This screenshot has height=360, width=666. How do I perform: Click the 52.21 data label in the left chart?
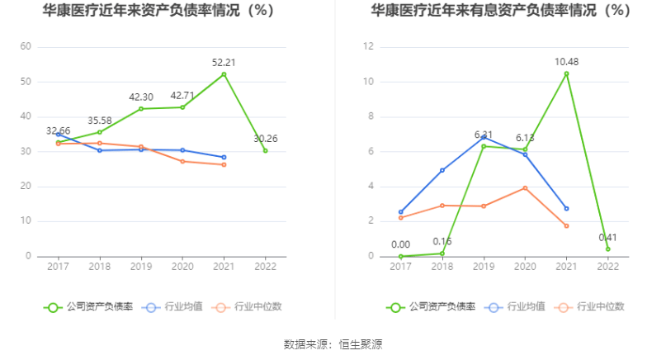(x=224, y=62)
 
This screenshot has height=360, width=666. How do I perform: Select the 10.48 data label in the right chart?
(x=566, y=62)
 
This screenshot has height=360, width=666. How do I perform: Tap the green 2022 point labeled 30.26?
(x=265, y=150)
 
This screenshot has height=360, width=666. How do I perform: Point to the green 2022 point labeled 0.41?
(x=607, y=249)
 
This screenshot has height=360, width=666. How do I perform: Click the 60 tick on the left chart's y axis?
(x=26, y=47)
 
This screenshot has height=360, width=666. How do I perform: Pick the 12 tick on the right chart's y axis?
(x=369, y=47)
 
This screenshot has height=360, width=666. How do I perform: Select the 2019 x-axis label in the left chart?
(x=140, y=267)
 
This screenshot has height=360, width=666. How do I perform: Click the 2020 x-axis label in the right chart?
(x=525, y=267)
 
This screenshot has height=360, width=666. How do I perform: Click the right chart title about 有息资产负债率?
(x=501, y=12)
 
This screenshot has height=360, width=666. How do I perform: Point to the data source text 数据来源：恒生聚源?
(x=333, y=343)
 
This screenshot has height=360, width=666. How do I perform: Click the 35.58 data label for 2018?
(x=99, y=119)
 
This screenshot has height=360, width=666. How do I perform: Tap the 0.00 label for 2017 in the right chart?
(x=400, y=244)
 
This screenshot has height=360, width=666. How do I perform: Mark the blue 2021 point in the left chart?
(x=224, y=157)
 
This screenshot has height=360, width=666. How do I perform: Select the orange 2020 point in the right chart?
(x=525, y=188)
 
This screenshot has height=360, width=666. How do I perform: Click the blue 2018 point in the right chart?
(x=442, y=170)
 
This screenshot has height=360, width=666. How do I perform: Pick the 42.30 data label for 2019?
(x=141, y=97)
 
